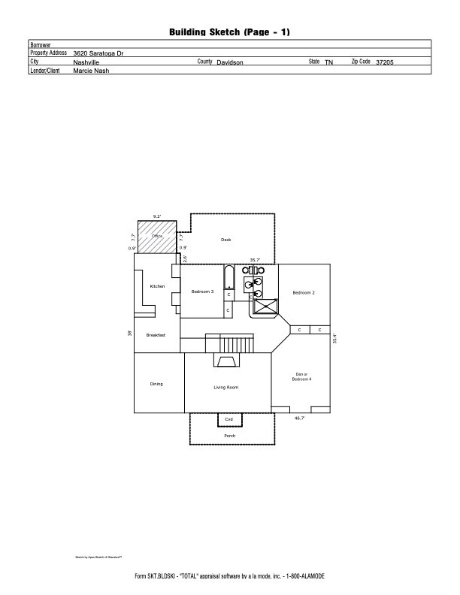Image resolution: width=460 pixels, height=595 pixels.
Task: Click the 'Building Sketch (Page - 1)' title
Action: [229, 32]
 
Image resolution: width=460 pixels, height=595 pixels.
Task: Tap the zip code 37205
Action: [386, 62]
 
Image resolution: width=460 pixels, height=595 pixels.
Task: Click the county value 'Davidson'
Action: [230, 62]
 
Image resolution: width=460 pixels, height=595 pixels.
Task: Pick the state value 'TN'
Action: [328, 62]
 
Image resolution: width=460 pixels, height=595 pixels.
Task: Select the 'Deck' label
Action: [225, 240]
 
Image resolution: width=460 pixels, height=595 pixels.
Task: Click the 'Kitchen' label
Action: [157, 286]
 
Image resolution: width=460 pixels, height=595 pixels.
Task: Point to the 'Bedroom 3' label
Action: [202, 291]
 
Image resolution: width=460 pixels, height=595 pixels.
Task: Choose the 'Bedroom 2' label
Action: [304, 291]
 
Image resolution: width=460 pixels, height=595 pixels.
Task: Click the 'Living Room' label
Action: [225, 387]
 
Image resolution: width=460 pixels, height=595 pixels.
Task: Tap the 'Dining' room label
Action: [156, 384]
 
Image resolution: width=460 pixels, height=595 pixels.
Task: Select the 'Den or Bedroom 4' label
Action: [301, 376]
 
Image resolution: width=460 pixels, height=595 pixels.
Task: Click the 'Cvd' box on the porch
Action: [229, 419]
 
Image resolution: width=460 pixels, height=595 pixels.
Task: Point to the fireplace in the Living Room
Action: [227, 361]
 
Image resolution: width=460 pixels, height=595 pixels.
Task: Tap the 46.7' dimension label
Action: [299, 418]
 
